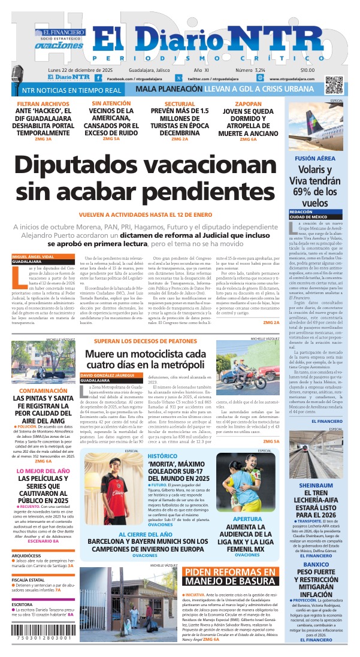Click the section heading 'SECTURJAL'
[x=180, y=104]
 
